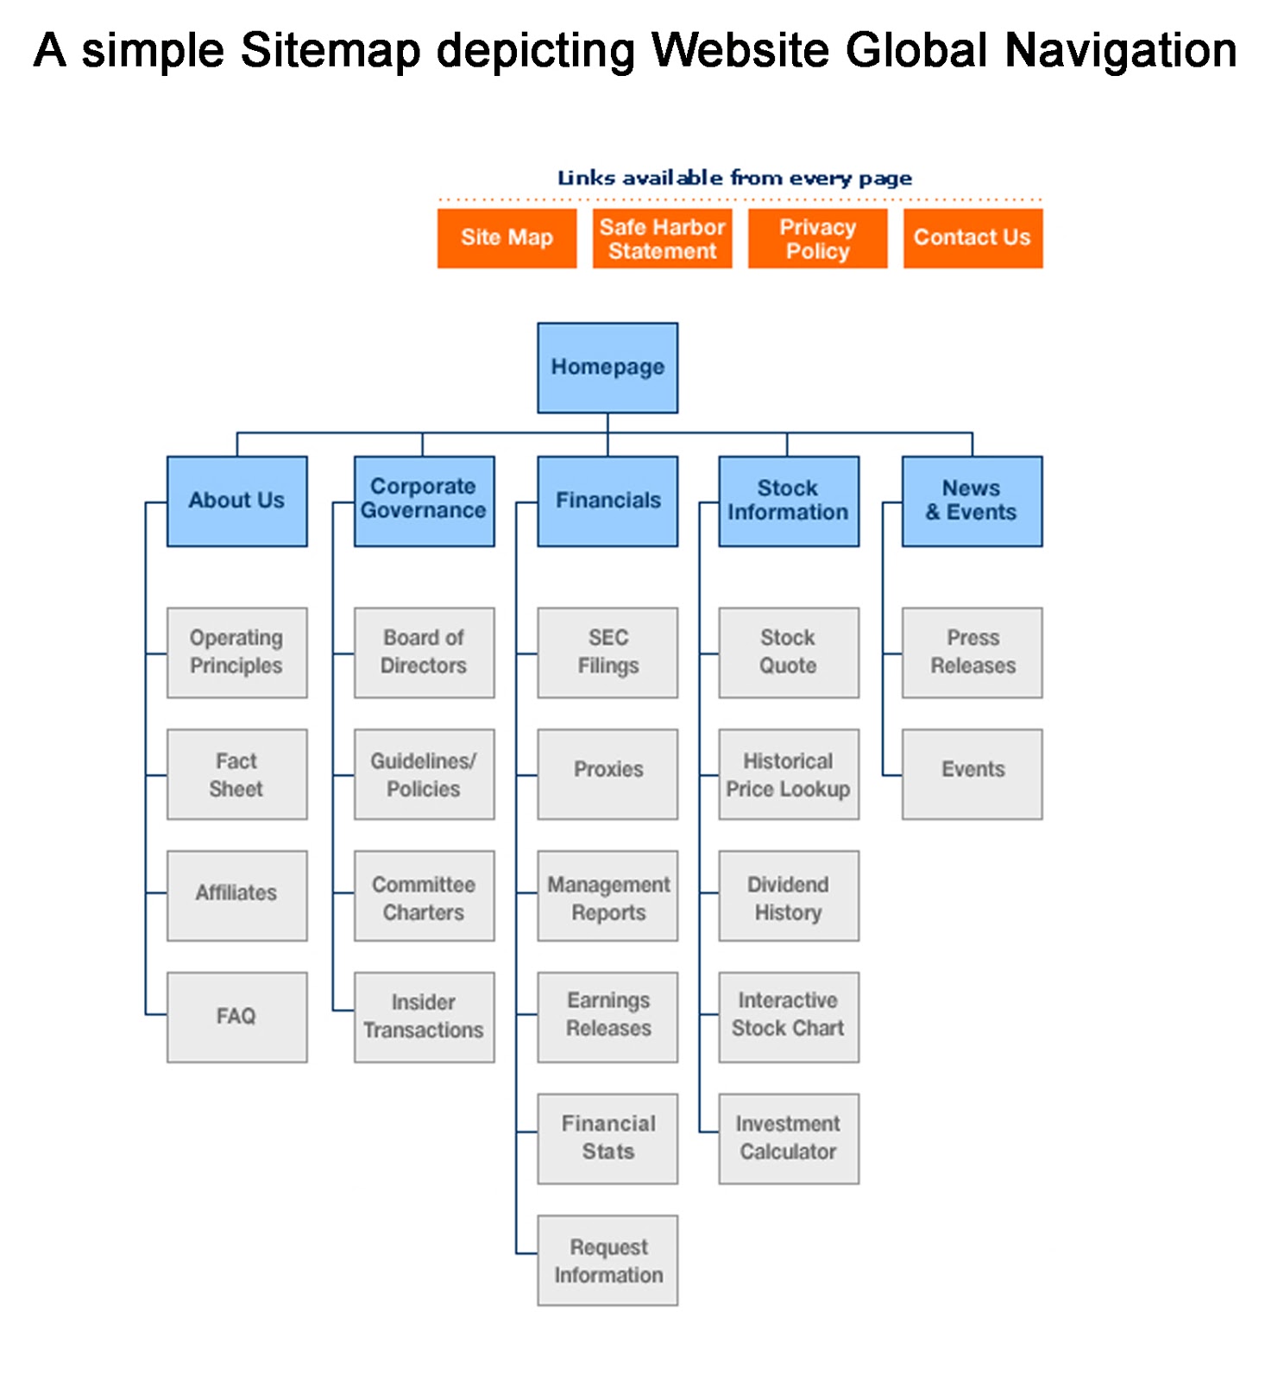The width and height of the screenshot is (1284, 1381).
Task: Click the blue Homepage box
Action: [x=607, y=368]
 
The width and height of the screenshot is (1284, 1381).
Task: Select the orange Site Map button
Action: [x=507, y=238]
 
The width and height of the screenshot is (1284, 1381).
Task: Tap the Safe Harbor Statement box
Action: [x=662, y=238]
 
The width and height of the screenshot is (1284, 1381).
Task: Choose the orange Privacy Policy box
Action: [x=817, y=238]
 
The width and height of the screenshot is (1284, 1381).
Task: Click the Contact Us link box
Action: [x=972, y=238]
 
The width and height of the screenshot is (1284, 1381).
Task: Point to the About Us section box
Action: [x=236, y=501]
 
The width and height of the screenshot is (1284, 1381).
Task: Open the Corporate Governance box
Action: [x=424, y=501]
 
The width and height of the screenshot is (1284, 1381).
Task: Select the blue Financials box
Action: [x=607, y=501]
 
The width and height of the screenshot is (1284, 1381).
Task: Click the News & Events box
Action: [x=972, y=501]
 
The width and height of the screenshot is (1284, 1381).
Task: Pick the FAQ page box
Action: [x=236, y=1017]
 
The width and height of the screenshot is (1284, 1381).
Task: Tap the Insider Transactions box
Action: [x=424, y=1017]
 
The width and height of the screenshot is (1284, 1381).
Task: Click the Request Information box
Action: [x=607, y=1260]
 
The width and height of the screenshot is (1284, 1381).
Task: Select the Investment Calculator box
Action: [x=788, y=1138]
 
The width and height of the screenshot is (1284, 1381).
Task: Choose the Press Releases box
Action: [x=972, y=653]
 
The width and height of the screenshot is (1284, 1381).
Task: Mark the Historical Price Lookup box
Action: [x=788, y=774]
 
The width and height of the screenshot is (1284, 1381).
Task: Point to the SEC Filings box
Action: [x=607, y=653]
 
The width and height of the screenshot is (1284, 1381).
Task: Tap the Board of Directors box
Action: [x=424, y=653]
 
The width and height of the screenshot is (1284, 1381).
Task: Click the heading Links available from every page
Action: [x=734, y=178]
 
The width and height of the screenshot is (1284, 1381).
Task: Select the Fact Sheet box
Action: [x=236, y=774]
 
